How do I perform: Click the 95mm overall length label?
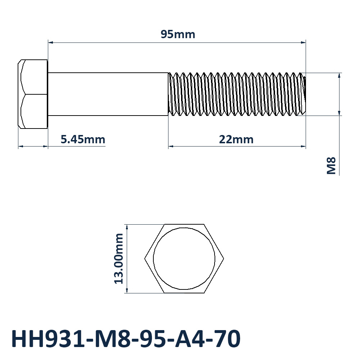178,35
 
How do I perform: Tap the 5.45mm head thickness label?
83,139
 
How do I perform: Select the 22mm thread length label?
236,139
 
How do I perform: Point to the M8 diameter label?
331,166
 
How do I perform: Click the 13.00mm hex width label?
119,259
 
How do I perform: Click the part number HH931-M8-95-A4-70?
126,339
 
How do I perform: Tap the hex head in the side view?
33,94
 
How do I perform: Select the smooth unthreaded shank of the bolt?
108,94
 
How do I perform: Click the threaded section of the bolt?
237,94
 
